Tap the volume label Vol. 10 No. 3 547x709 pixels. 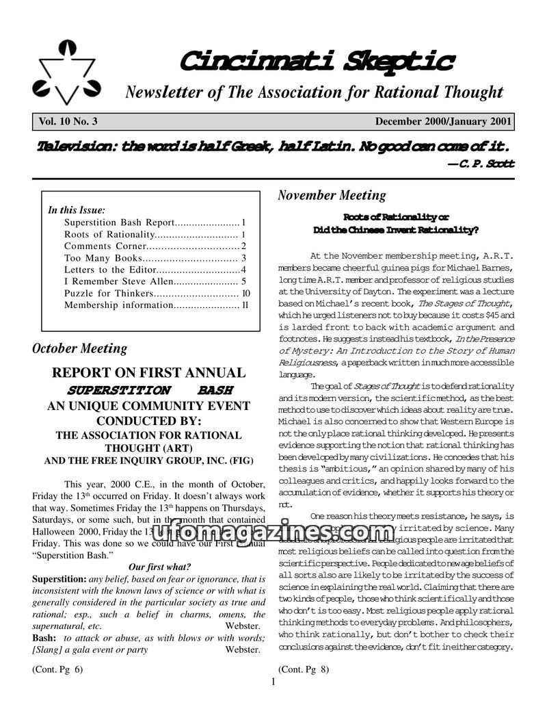(68, 122)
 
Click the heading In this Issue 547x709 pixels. (77, 211)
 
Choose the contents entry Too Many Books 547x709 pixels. (103, 258)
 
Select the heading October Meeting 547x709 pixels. (79, 348)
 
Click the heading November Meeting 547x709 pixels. (332, 196)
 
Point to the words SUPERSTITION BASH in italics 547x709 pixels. (149, 390)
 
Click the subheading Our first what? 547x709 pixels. (159, 567)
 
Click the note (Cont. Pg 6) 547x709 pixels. (57, 669)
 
